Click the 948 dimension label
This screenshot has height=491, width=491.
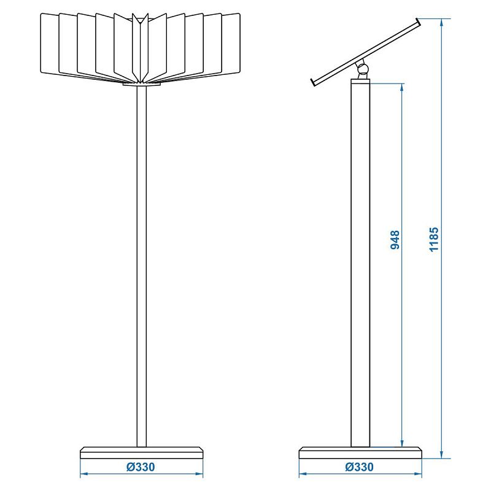tap(395, 240)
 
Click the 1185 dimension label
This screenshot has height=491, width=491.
tap(434, 239)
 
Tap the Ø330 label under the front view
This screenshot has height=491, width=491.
tap(141, 467)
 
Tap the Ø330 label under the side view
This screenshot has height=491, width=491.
tap(360, 467)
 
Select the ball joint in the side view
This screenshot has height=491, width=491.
tap(362, 69)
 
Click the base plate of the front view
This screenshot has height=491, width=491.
tap(142, 453)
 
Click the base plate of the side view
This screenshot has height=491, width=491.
tap(360, 453)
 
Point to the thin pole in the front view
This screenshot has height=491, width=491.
tap(142, 266)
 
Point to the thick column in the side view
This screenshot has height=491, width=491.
tap(360, 263)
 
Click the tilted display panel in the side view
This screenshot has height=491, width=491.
tap(365, 52)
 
